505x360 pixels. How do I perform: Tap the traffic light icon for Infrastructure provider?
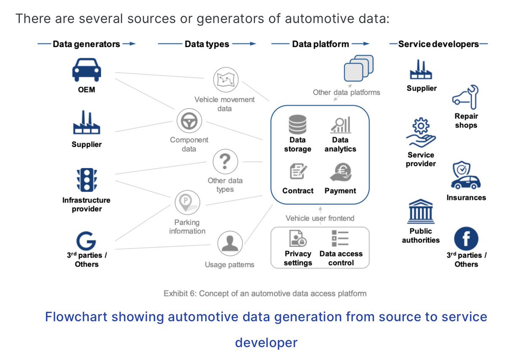tap(86, 180)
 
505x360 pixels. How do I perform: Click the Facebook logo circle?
tap(466, 239)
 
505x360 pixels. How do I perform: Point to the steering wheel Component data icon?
tap(186, 121)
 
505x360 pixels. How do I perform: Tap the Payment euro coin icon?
tap(340, 172)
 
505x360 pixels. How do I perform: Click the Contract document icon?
tap(298, 172)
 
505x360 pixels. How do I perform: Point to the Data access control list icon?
tap(340, 238)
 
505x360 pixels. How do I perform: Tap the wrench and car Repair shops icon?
tap(466, 96)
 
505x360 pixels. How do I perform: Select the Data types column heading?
tap(207, 44)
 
